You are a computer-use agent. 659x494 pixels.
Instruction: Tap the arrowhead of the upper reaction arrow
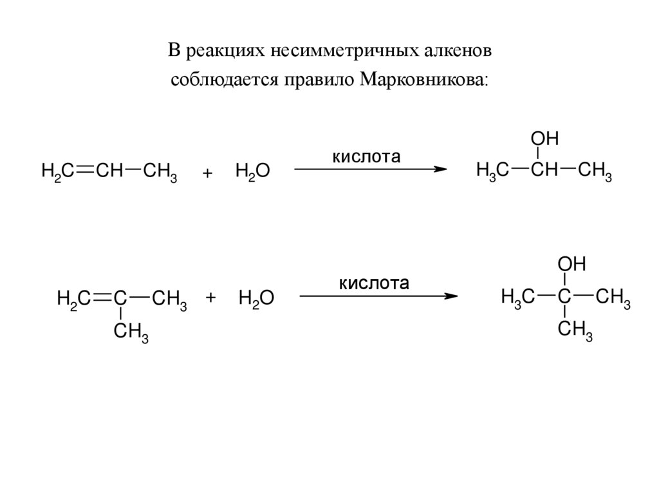[x=440, y=169]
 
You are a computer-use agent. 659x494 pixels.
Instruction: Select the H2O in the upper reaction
[x=252, y=172]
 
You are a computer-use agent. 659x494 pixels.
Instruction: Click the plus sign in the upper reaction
[x=207, y=174]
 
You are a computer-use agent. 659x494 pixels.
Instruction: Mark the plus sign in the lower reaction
[x=210, y=298]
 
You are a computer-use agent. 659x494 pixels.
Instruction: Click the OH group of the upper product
[x=544, y=140]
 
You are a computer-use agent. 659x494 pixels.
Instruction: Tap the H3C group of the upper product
[x=492, y=171]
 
